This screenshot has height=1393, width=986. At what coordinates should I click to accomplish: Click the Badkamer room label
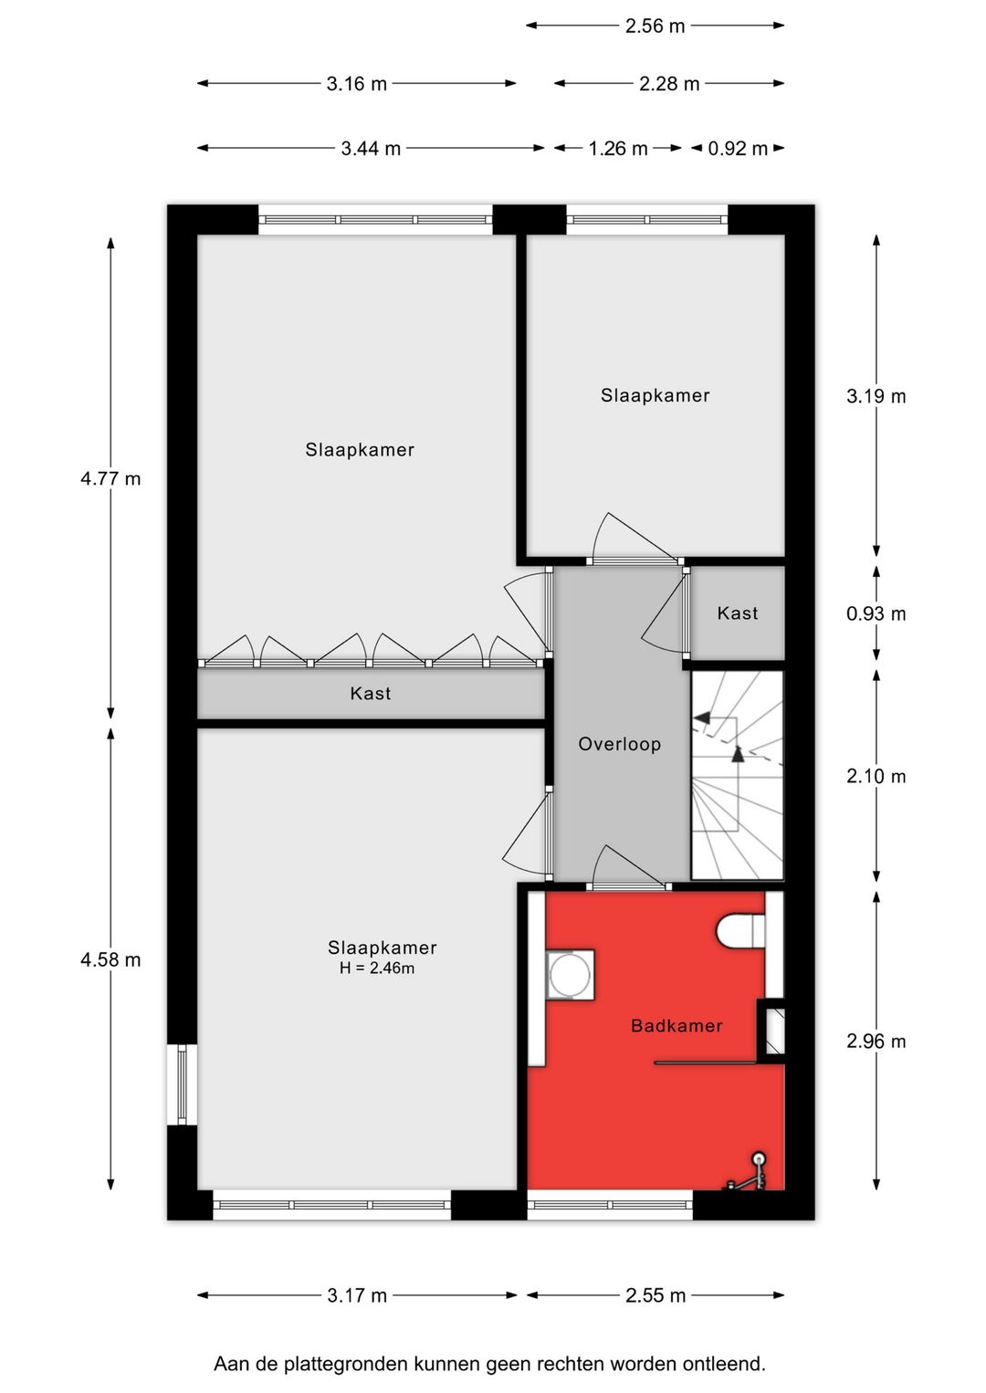point(677,1025)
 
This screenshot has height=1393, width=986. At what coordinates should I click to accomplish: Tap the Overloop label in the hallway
point(619,744)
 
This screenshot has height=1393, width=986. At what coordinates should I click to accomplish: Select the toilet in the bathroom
point(741,931)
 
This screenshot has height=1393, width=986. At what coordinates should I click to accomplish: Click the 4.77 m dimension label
point(110,478)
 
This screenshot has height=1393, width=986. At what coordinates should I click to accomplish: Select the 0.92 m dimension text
point(737,149)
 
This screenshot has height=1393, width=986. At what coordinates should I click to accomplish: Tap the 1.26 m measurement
point(618,149)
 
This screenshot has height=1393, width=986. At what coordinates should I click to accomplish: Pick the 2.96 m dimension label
point(876,1041)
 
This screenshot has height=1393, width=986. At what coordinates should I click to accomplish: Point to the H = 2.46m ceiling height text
point(377,969)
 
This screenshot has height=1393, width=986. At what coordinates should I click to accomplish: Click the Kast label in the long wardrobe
point(370,694)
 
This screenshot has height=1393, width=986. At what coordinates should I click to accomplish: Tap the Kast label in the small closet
point(737,613)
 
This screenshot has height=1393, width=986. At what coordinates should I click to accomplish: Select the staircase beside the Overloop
point(737,775)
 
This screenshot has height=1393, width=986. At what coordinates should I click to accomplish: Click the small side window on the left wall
point(182,1084)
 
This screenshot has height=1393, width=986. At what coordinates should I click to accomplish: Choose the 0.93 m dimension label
point(876,613)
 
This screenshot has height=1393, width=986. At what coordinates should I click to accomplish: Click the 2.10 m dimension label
point(876,776)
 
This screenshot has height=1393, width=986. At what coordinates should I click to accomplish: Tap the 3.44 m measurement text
point(371,149)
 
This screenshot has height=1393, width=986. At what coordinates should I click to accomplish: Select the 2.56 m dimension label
point(656,26)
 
